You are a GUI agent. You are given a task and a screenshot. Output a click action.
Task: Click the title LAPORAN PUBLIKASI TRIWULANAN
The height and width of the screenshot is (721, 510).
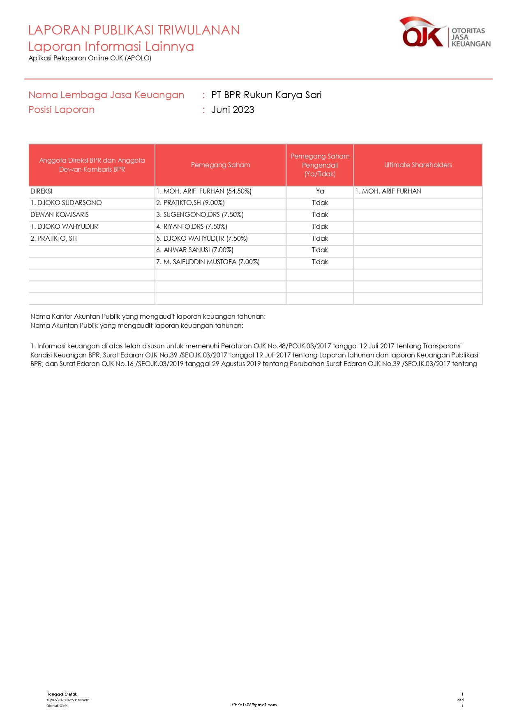[134, 30]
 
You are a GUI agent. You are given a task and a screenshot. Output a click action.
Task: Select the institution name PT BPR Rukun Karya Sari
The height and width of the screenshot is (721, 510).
[266, 95]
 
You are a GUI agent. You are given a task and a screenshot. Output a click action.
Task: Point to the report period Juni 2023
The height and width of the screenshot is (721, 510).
[233, 110]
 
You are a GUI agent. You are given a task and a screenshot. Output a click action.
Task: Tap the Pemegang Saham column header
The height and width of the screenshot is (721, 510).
[220, 165]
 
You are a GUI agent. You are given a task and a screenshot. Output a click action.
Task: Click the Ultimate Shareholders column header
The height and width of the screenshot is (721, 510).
[418, 165]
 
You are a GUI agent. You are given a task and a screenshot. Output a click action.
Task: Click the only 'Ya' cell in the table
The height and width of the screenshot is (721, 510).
[320, 191]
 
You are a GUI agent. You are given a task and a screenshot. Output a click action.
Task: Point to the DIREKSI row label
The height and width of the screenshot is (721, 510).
[42, 191]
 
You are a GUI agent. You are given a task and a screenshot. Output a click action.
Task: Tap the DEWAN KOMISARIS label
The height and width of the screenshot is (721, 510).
[60, 214]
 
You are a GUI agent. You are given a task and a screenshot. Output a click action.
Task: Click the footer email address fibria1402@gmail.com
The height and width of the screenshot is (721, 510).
[254, 705]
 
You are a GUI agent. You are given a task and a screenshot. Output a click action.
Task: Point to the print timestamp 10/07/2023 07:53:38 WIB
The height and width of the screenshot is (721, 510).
[68, 700]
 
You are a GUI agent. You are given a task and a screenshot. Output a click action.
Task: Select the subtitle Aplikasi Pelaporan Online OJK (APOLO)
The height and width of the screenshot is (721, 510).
[90, 58]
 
